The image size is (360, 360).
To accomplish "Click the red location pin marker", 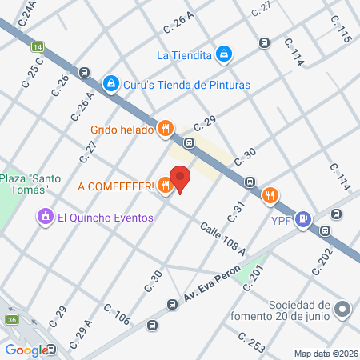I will [x=180, y=179].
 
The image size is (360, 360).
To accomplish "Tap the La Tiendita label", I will [x=185, y=54].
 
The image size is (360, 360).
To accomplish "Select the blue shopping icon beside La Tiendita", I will [x=226, y=54].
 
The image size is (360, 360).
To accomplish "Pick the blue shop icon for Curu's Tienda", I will [x=111, y=82].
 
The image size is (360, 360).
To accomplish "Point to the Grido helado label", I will [x=122, y=128].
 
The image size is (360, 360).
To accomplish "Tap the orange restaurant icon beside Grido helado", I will [x=166, y=127].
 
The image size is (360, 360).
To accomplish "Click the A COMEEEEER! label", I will [x=116, y=186].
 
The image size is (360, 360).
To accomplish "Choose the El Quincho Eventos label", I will [x=106, y=217].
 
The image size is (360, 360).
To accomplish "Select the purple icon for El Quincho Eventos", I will [x=45, y=217].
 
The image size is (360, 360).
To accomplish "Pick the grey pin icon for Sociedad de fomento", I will [x=343, y=309].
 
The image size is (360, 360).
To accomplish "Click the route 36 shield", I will [x=12, y=321].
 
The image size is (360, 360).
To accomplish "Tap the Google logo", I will [x=26, y=350].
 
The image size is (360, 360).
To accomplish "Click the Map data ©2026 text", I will [x=326, y=354].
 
